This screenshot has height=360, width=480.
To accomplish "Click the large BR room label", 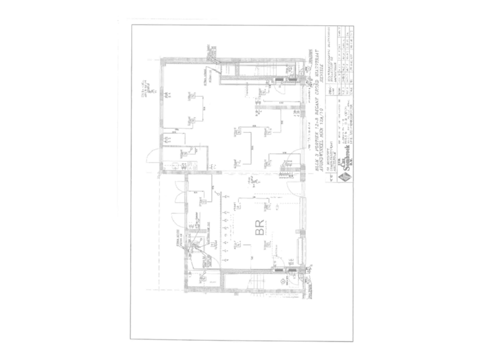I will [259, 230].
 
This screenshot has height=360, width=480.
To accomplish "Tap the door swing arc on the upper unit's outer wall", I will [153, 160].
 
